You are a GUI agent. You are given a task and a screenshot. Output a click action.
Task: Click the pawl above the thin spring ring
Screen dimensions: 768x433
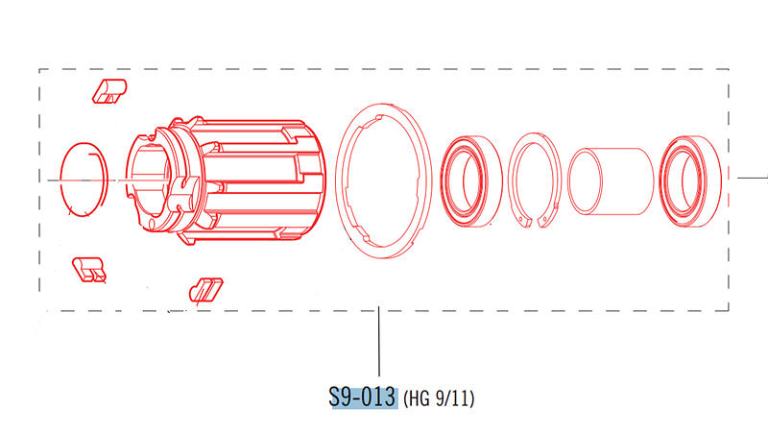point(109,91)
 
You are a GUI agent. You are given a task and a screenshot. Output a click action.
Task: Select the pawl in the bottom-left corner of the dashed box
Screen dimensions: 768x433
point(89,270)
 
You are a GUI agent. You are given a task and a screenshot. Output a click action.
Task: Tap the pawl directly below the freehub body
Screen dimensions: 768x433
point(205,290)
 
